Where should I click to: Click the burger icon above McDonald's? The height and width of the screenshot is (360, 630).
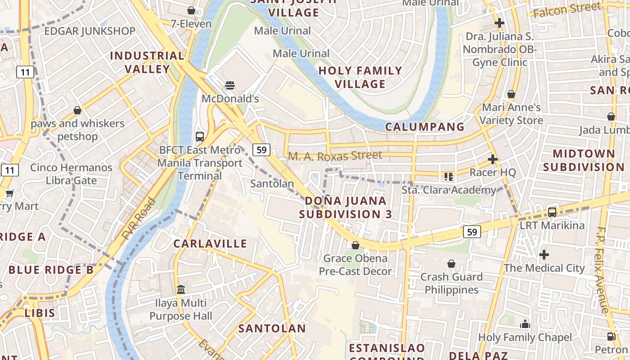point(230,85)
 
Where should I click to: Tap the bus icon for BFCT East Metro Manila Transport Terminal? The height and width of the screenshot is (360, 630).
point(200,136)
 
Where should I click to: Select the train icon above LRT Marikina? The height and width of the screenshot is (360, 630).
point(552,212)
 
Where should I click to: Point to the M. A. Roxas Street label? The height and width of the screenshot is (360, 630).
point(335,156)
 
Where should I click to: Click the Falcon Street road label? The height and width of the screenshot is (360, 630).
point(565,9)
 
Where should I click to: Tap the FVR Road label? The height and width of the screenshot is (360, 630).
point(139,219)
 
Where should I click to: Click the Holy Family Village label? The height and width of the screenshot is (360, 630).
point(360,77)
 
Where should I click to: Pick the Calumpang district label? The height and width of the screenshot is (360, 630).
point(425,127)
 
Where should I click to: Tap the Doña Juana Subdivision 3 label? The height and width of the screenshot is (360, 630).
point(346,207)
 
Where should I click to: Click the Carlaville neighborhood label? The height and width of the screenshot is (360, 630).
point(211,244)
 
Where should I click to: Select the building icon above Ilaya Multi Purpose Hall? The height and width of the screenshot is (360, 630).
point(181,289)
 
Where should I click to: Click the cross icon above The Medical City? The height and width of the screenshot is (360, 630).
point(544,255)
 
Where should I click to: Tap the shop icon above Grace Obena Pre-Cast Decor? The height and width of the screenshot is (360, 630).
point(355,245)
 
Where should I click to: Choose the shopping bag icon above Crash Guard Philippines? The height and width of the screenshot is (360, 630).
point(451,264)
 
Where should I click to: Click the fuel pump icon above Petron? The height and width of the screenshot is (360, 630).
point(611,336)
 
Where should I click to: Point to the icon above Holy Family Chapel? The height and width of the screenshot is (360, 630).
point(525,324)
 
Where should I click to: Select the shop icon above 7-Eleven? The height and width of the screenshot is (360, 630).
point(191,10)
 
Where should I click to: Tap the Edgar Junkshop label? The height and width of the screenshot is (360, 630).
point(90,31)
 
